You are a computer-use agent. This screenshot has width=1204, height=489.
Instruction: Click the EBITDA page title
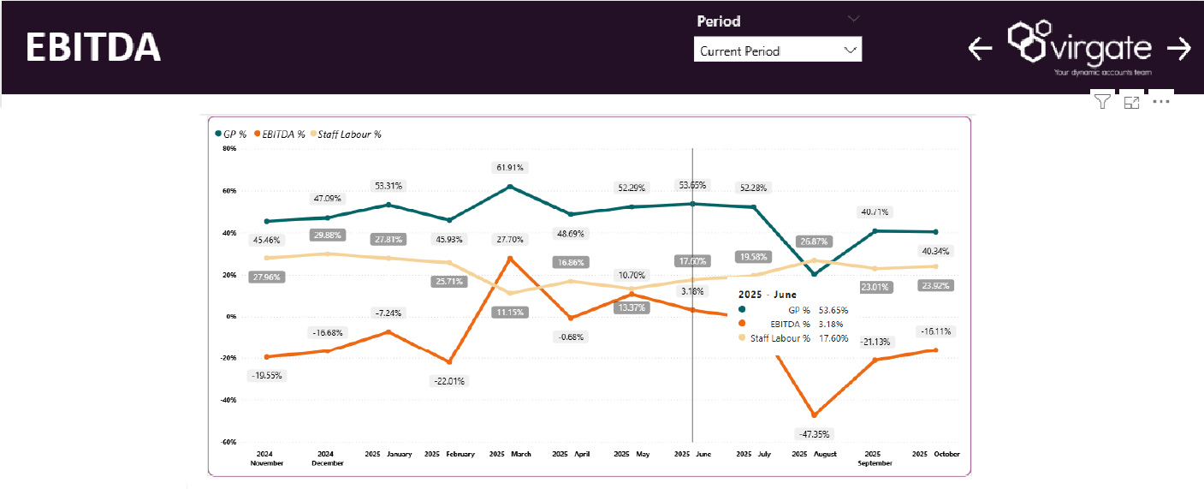pyautogui.click(x=93, y=48)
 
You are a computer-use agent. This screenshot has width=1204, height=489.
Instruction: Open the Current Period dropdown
pyautogui.click(x=777, y=51)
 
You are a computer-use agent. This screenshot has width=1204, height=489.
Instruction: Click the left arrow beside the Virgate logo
pyautogui.click(x=980, y=49)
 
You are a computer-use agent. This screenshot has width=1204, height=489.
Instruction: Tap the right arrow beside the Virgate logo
pyautogui.click(x=1179, y=49)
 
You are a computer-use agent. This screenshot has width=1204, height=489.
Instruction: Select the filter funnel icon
pyautogui.click(x=1102, y=102)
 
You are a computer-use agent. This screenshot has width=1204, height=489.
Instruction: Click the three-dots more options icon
pyautogui.click(x=1160, y=102)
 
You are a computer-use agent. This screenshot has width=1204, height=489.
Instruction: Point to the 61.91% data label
pyautogui.click(x=509, y=168)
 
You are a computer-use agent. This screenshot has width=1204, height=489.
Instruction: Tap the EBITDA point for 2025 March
pyautogui.click(x=510, y=258)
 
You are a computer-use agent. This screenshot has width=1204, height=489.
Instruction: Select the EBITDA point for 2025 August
pyautogui.click(x=814, y=415)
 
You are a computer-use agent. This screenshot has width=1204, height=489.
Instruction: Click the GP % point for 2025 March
pyautogui.click(x=510, y=187)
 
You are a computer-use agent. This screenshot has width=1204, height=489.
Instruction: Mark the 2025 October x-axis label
pyautogui.click(x=935, y=454)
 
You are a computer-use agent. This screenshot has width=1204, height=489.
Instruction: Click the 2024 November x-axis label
pyautogui.click(x=266, y=458)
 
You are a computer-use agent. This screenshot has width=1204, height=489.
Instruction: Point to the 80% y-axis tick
pyautogui.click(x=229, y=148)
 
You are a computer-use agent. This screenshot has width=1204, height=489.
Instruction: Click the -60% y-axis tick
pyautogui.click(x=228, y=442)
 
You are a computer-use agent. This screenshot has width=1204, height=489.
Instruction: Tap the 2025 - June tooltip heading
pyautogui.click(x=767, y=295)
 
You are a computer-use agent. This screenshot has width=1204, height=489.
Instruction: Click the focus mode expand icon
pyautogui.click(x=1131, y=102)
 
